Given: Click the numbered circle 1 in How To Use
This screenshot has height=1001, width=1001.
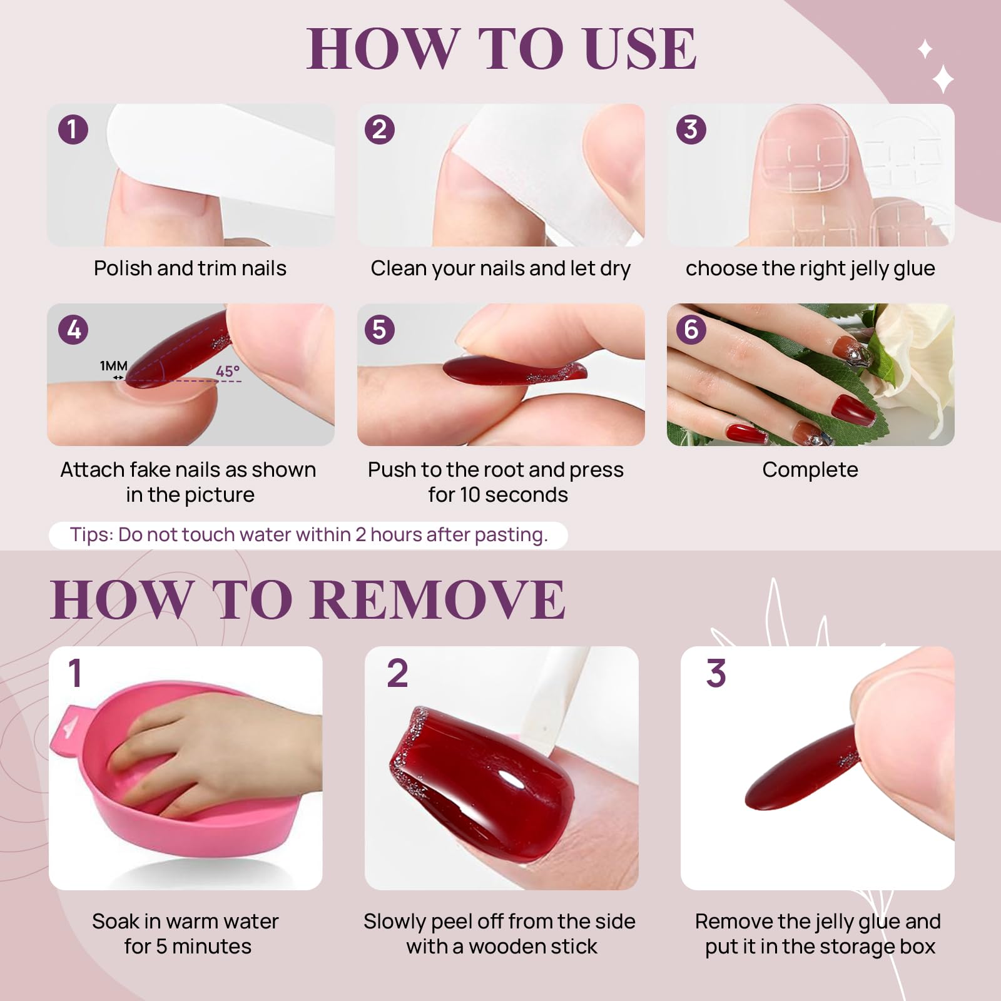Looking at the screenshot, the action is coord(73,130).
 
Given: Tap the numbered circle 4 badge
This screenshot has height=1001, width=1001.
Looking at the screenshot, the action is coord(73,330).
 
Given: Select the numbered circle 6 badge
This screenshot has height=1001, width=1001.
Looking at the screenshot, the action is coord(691,329).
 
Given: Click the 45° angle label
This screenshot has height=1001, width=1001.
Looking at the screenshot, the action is coord(228,371).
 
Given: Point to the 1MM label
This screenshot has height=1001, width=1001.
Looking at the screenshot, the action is coord(114,366).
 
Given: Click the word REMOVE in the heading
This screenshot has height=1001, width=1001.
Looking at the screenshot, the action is coord(437,599).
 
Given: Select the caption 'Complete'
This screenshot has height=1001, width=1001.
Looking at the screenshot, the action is coord(810,470).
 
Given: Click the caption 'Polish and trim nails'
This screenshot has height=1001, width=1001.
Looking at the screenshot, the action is coord(190,268).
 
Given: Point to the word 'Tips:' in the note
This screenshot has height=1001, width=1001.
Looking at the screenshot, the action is coord(91,535).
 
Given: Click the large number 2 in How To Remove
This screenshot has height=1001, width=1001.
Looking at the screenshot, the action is coord(397,674).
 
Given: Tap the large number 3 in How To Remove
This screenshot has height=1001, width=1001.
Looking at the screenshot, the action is coord(716,674).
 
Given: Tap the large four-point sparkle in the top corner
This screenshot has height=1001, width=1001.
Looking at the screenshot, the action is coord(943,80).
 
